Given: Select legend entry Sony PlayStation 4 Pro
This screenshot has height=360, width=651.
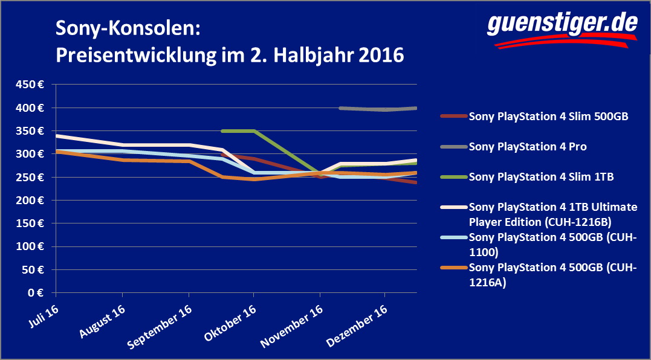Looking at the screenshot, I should (x=526, y=146).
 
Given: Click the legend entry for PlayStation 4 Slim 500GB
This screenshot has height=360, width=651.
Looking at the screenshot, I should (x=549, y=117).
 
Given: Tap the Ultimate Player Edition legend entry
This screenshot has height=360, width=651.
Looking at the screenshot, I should (x=552, y=213).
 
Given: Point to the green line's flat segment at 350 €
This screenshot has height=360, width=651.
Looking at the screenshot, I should (x=238, y=130).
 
